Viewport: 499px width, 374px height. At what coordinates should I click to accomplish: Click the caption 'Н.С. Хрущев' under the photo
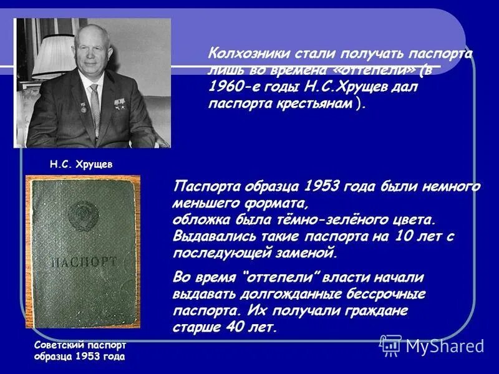[82, 164]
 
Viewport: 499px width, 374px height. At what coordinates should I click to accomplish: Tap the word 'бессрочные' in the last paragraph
[391, 293]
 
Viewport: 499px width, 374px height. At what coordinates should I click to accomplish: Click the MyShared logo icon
[391, 345]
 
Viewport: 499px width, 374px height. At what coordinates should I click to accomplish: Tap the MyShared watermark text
[445, 347]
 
